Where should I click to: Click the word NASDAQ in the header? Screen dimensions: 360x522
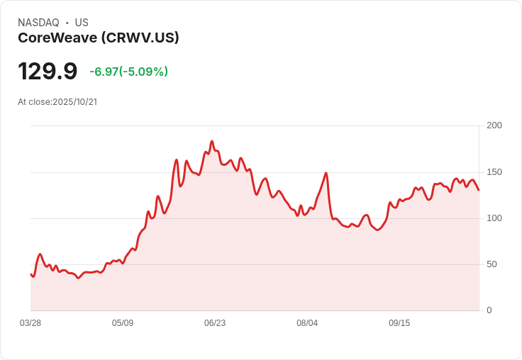pos(38,23)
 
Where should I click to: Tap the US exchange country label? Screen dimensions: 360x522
pos(82,23)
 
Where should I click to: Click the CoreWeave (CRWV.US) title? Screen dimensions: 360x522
pos(98,38)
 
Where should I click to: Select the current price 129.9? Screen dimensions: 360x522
pos(48,72)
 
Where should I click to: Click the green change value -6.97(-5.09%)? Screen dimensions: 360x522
pos(128,72)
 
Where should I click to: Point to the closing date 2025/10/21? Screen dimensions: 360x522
pos(74,102)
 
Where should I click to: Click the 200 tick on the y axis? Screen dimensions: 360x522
pos(494,125)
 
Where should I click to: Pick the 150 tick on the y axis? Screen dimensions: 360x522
pos(494,172)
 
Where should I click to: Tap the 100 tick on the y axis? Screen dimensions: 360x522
pos(494,218)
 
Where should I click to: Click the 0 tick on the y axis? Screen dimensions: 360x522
pos(489,310)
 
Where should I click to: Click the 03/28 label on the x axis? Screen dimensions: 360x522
pos(30,323)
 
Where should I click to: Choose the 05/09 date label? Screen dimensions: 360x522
pos(123,323)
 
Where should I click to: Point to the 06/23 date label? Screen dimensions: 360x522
pos(215,323)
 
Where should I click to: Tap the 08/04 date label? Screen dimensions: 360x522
pos(307,323)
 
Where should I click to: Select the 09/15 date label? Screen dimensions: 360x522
pos(399,323)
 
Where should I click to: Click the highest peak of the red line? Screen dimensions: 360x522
pos(211,141)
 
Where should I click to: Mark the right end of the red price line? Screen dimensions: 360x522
pos(479,190)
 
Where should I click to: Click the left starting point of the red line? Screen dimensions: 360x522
pos(30,274)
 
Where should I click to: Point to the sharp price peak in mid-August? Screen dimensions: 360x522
pos(326,173)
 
